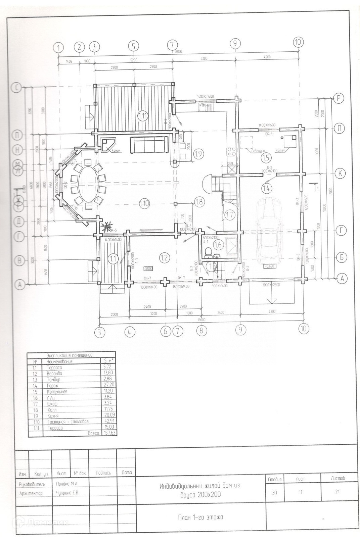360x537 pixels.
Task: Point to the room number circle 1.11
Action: click(x=143, y=116)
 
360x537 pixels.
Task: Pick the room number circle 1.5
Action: click(x=266, y=158)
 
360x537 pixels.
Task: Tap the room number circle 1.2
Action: click(x=164, y=257)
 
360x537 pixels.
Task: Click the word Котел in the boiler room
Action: click(x=280, y=151)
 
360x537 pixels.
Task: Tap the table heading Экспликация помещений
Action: click(x=70, y=355)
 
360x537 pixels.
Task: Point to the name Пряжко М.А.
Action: click(x=67, y=484)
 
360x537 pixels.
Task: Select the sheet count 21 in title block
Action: click(x=337, y=492)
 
